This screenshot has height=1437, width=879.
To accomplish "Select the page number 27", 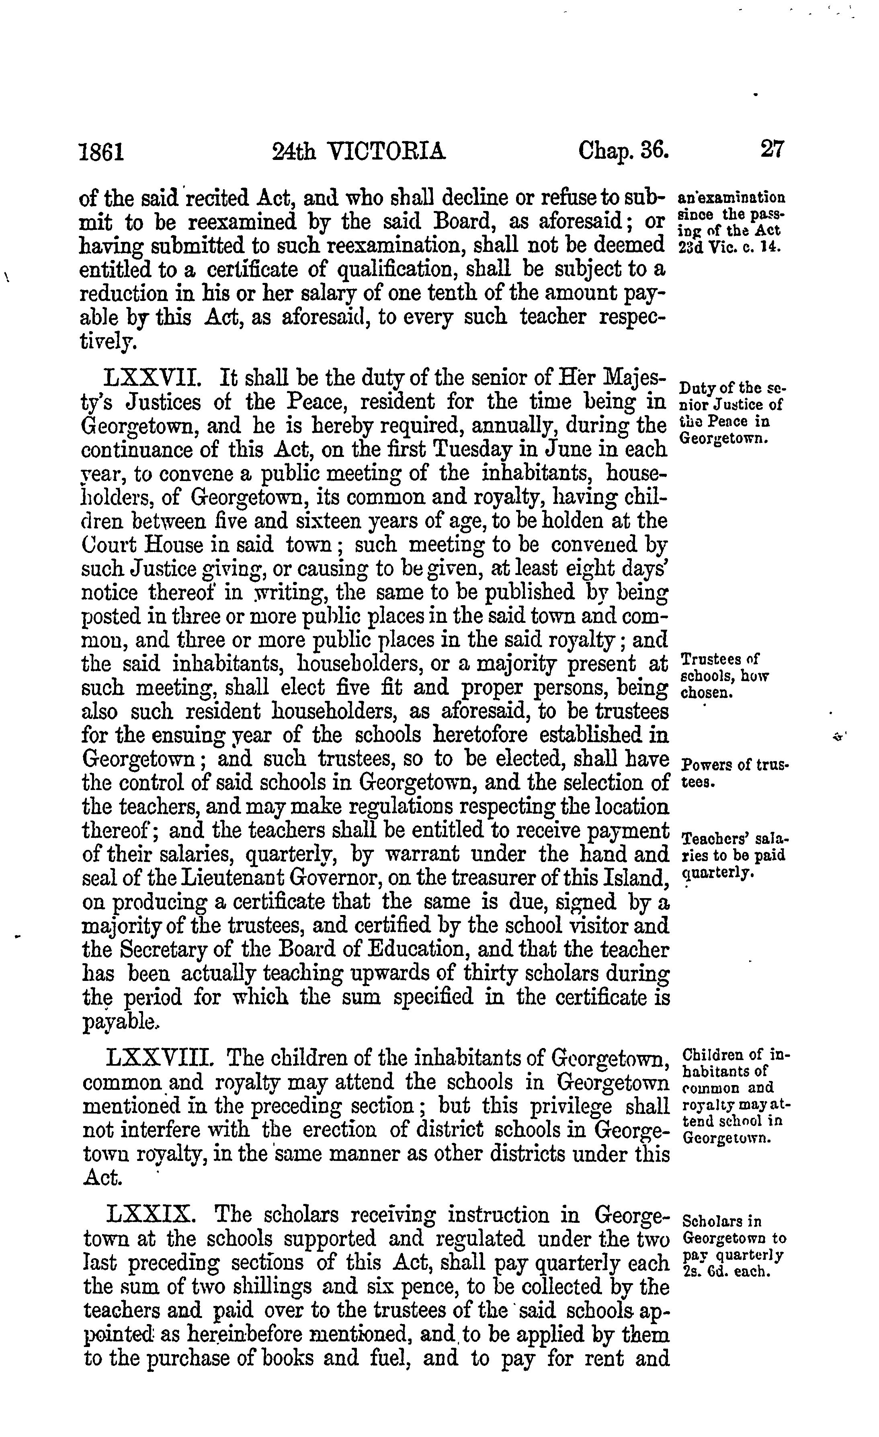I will [x=772, y=149].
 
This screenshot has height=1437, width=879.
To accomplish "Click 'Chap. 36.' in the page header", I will [x=623, y=151].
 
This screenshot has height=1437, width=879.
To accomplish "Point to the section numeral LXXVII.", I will [x=153, y=379].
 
